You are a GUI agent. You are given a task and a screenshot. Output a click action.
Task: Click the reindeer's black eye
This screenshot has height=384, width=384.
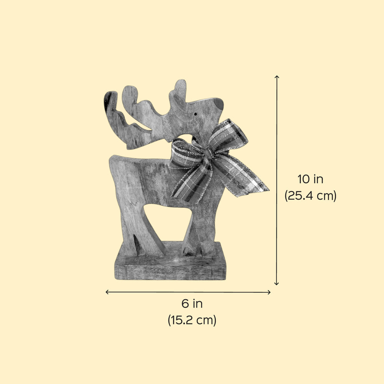tap(195, 114)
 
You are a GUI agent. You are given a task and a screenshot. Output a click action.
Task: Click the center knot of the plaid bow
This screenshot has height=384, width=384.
tap(209, 153)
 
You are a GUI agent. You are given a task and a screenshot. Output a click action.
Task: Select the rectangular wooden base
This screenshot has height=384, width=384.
tap(170, 262)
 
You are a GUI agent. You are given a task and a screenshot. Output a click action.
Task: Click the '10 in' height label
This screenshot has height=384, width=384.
tap(310, 179)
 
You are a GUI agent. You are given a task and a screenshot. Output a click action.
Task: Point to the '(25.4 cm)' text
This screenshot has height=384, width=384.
tap(310, 195)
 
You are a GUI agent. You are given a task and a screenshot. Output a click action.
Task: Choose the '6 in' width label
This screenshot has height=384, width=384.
tap(192, 304)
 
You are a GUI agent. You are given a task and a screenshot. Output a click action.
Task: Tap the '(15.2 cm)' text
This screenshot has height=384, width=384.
tap(192, 320)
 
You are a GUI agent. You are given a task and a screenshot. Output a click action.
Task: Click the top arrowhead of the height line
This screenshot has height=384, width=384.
tap(277, 77)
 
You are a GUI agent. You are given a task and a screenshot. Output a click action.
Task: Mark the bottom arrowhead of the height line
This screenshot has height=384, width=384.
tap(277, 284)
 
